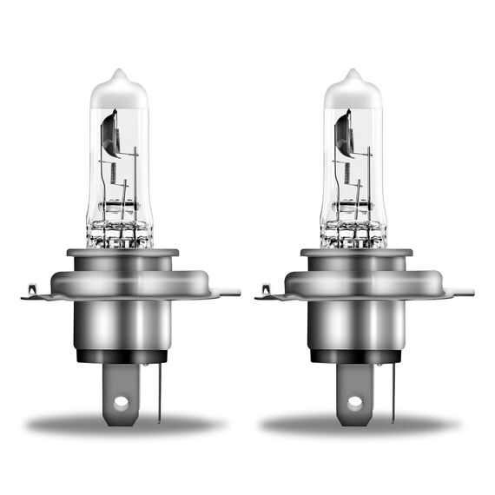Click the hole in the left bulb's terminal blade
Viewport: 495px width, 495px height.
pos(122,402)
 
